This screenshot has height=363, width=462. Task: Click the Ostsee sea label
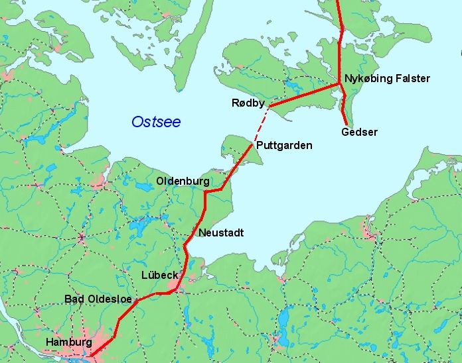tap(156, 122)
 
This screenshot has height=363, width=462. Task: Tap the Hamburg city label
tap(68, 342)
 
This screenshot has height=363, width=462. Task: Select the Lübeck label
tap(158, 275)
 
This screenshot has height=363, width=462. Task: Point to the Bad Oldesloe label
tap(97, 299)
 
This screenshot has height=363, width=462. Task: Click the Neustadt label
tap(221, 233)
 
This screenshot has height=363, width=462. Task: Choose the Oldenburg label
tap(183, 181)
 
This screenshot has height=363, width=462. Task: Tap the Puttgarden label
tap(283, 145)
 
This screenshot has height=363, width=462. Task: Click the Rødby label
tap(248, 103)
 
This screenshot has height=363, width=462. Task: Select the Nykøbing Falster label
tap(387, 79)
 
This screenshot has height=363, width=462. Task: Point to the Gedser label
tap(359, 132)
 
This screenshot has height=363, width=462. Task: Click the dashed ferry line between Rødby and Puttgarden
tap(262, 124)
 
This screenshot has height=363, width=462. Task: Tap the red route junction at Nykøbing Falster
tap(341, 84)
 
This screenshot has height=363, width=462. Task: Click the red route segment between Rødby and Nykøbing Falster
tap(305, 95)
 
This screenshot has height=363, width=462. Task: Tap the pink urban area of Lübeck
tap(175, 287)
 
